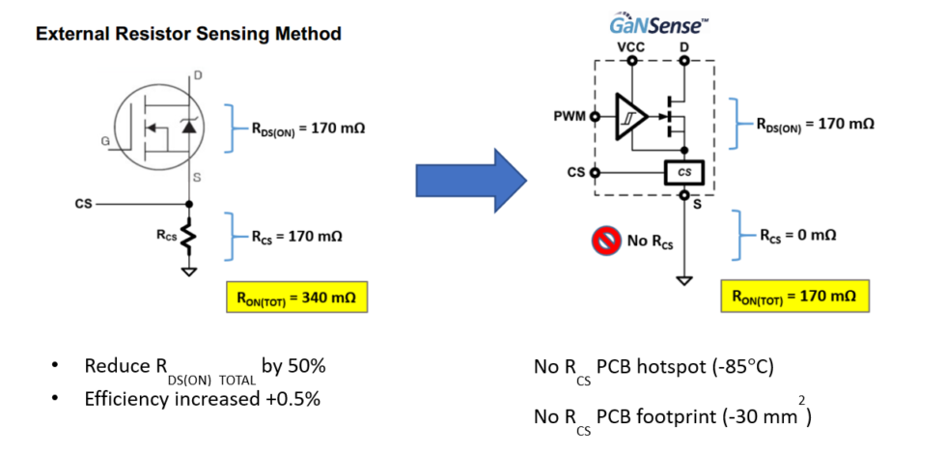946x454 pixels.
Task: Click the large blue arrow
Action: click(469, 179)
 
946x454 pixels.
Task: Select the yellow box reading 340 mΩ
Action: click(296, 298)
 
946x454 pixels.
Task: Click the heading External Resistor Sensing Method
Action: click(188, 34)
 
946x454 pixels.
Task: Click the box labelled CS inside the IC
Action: click(683, 173)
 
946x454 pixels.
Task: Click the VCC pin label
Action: click(630, 46)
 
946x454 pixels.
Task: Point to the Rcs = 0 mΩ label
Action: click(796, 235)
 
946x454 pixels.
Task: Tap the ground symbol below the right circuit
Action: click(683, 280)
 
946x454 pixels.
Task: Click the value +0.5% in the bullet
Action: click(289, 397)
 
